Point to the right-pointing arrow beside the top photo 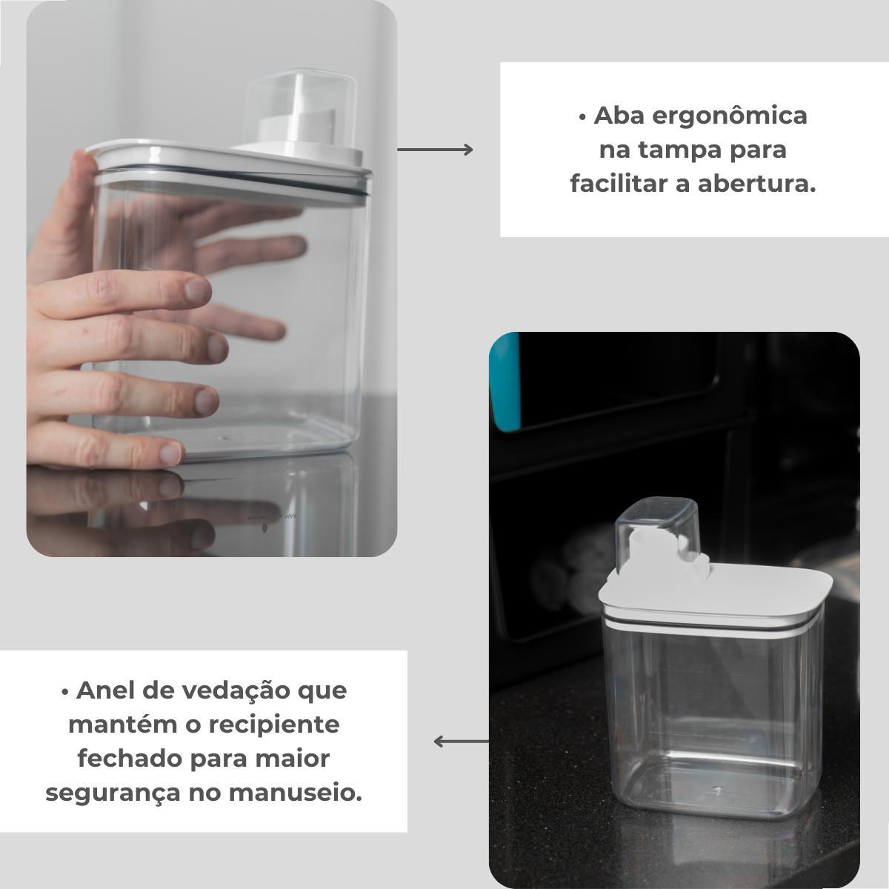click(x=435, y=150)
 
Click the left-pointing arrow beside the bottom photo click(x=462, y=742)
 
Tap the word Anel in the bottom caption click(x=105, y=690)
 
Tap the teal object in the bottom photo click(x=505, y=382)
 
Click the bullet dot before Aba click(x=583, y=118)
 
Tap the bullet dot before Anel click(x=65, y=693)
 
